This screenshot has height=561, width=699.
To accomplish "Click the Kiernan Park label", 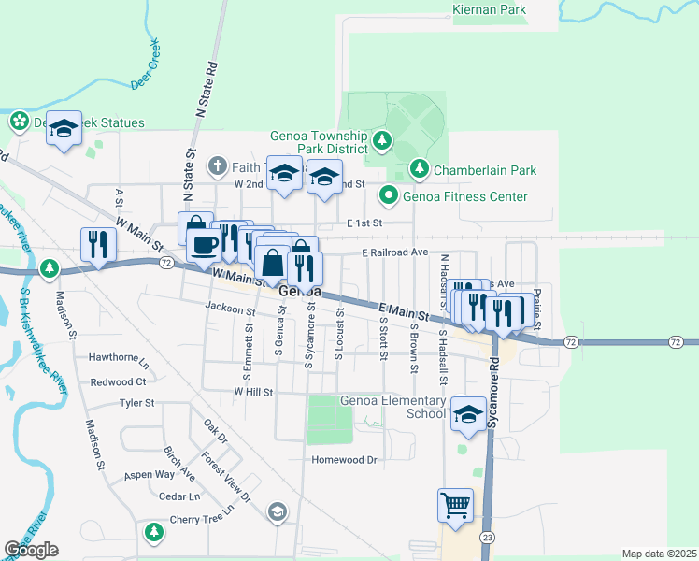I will click(x=489, y=10).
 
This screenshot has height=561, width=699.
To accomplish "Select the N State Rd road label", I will click(x=206, y=90).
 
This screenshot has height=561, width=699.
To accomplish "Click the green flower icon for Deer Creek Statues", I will click(x=18, y=122).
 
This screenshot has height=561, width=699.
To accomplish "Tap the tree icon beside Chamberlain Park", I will click(x=420, y=169).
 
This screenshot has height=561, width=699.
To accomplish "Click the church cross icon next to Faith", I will click(x=217, y=166).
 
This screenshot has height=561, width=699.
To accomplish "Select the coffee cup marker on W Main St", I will click(x=203, y=246).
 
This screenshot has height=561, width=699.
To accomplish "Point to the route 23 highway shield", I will click(x=487, y=536).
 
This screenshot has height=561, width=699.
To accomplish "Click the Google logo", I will click(x=31, y=550).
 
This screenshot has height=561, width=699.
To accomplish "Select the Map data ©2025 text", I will click(x=659, y=554).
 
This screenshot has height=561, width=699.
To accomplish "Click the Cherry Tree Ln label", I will click(x=201, y=520).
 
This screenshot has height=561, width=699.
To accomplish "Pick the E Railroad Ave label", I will click(x=394, y=252).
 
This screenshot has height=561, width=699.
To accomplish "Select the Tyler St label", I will click(x=136, y=403).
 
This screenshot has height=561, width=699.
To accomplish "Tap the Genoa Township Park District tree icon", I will click(x=381, y=141).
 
